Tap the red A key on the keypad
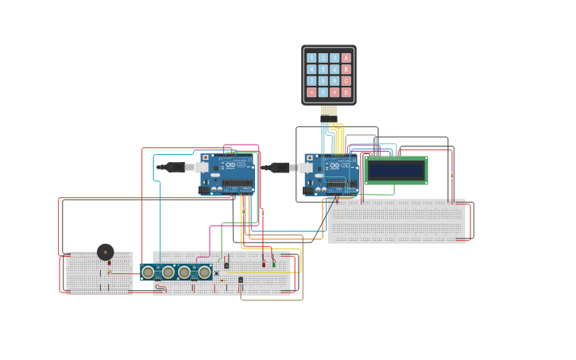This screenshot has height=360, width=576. (x=346, y=58)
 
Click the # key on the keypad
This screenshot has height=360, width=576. (x=334, y=92)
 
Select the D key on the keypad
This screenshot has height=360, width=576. (x=346, y=92)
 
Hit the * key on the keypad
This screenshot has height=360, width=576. (x=311, y=92)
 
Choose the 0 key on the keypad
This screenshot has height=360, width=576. (x=323, y=92)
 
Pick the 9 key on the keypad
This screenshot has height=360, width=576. (x=334, y=81)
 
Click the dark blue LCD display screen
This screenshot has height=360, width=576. (x=396, y=170)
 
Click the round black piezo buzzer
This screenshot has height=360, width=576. (x=105, y=252)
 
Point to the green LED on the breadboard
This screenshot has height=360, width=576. (x=274, y=264)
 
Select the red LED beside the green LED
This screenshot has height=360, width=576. (x=264, y=264)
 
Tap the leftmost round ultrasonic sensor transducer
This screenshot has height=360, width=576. (x=148, y=273)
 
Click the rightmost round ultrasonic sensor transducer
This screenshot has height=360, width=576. (x=204, y=273)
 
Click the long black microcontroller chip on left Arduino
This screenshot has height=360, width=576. (x=237, y=184)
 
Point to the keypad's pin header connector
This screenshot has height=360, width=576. (x=329, y=110)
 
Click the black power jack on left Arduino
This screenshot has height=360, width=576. (x=204, y=190)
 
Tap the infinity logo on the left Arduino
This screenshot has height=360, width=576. (x=230, y=165)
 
